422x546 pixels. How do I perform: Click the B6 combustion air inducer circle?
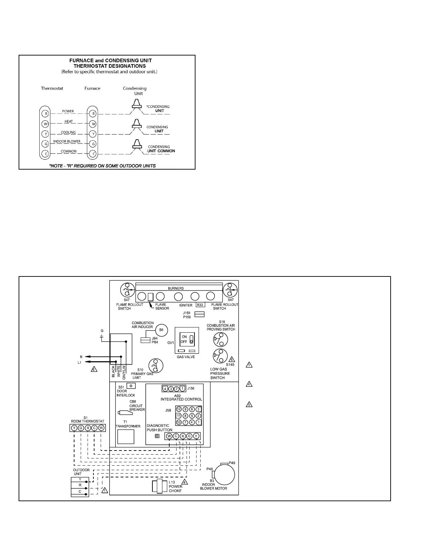161,330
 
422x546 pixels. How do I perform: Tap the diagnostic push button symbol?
157,436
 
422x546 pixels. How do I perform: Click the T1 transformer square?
125,437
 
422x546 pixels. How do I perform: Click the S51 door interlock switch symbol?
131,386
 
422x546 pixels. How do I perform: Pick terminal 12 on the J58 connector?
179,409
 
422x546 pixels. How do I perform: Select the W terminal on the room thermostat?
101,428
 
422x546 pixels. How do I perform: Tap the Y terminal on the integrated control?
196,436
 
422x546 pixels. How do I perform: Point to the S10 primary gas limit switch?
155,366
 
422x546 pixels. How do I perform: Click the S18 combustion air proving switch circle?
221,340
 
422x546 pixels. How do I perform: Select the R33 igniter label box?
200,305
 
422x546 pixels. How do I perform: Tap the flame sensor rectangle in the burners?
150,297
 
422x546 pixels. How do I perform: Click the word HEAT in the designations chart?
69,121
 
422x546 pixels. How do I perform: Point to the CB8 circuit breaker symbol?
123,412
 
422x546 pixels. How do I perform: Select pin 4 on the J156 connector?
165,389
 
